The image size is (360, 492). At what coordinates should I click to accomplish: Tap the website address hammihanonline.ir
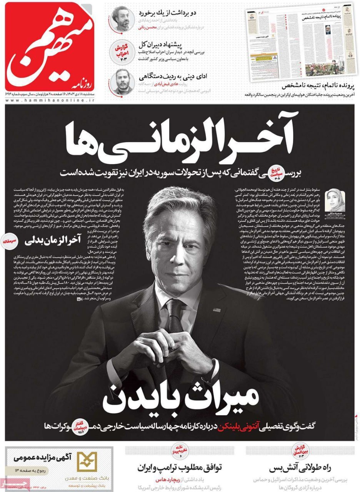pyautogui.click(x=50, y=100)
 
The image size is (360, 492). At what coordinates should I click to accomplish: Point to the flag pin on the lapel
pyautogui.click(x=218, y=310)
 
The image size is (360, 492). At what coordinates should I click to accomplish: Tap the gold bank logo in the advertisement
pyautogui.click(x=88, y=461)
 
